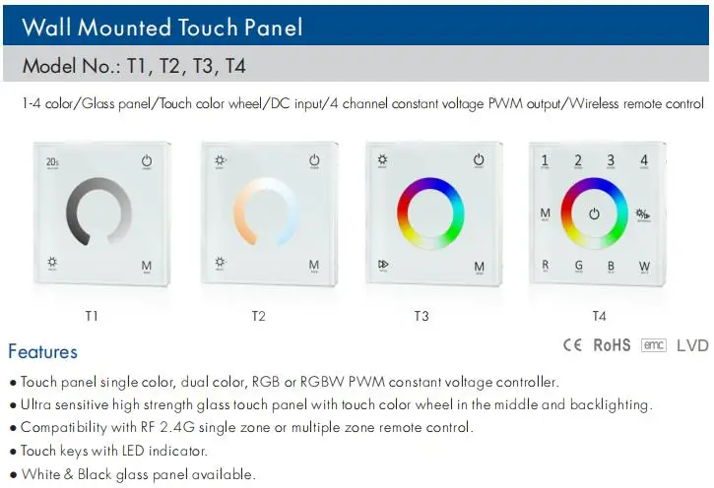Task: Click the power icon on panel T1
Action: [x=148, y=161]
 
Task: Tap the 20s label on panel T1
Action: [x=51, y=161]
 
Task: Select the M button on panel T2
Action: [x=314, y=266]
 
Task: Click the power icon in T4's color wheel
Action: [x=594, y=213]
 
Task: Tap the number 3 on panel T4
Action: [x=611, y=160]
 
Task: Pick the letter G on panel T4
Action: [x=578, y=265]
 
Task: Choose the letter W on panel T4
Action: [x=644, y=265]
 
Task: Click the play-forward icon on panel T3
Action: [x=383, y=265]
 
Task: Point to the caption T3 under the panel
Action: [x=422, y=316]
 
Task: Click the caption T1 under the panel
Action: [x=92, y=316]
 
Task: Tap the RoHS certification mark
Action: [x=612, y=345]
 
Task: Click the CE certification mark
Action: [x=572, y=345]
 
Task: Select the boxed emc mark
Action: [x=653, y=345]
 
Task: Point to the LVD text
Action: [x=691, y=345]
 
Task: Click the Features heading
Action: [x=42, y=352]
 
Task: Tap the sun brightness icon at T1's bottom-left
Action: [x=51, y=264]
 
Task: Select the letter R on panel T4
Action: [x=546, y=265]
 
